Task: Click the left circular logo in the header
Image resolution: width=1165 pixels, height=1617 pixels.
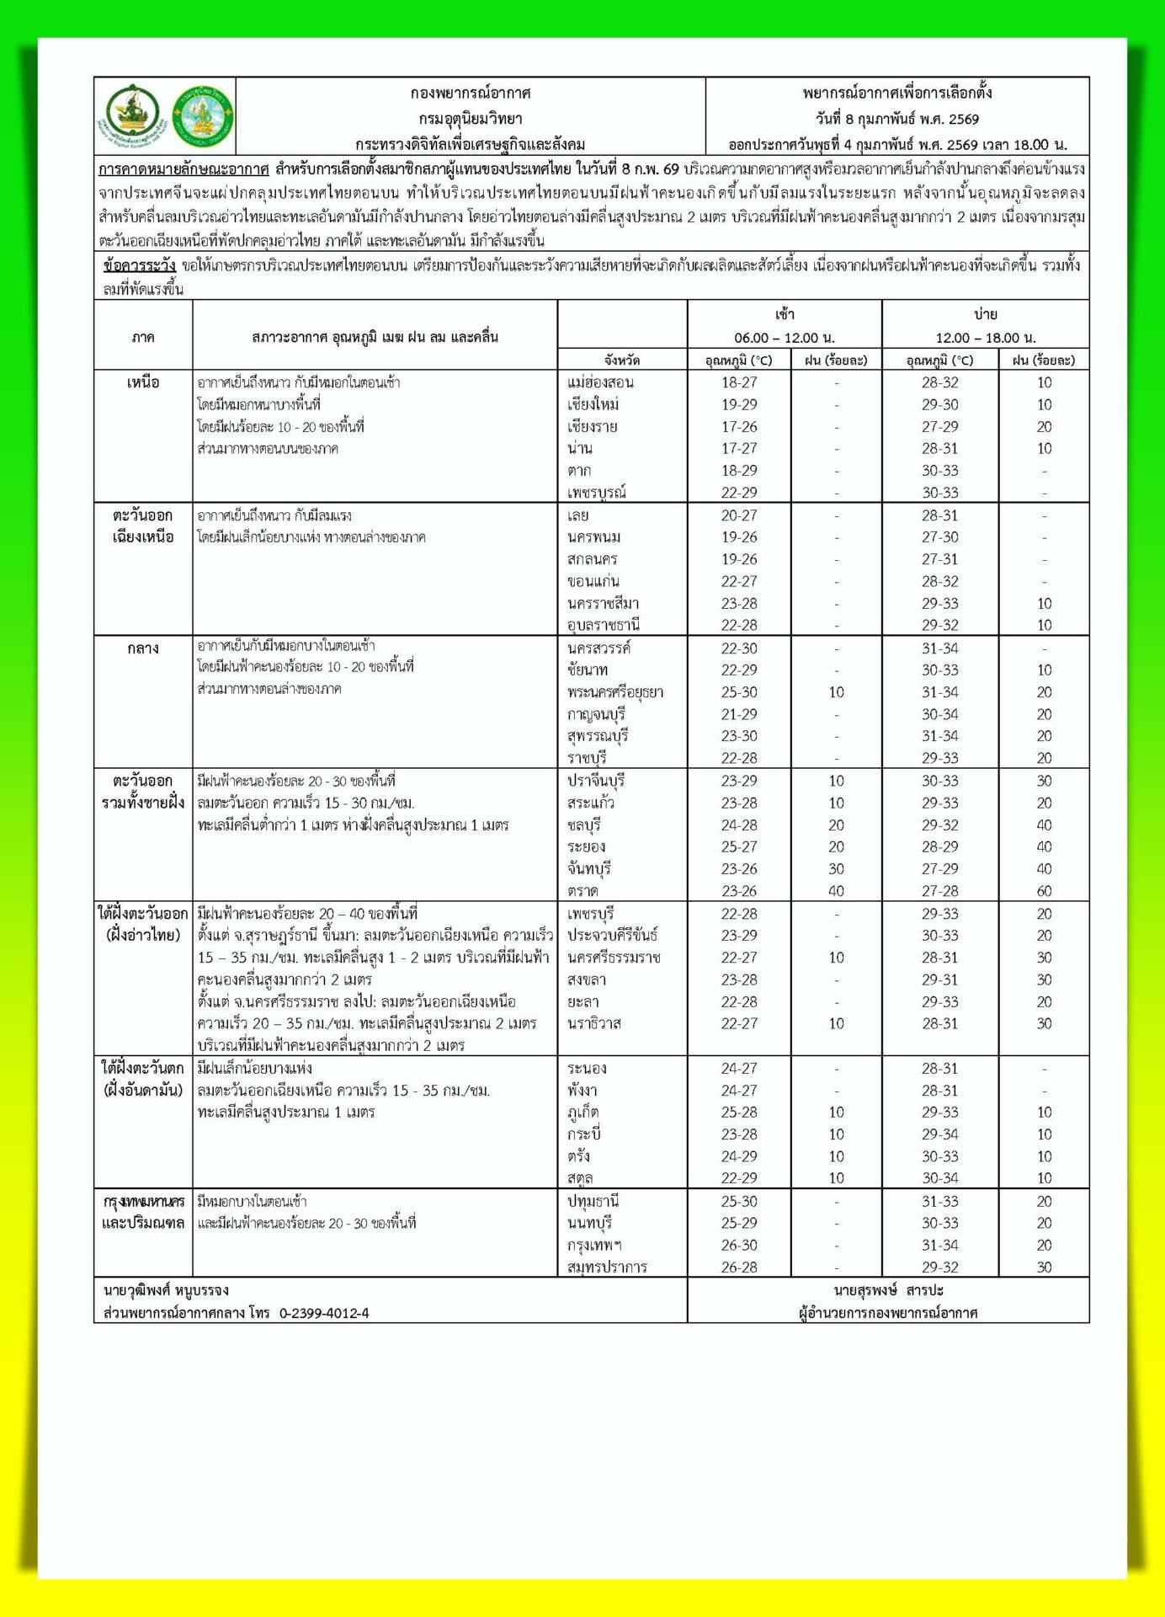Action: [x=133, y=115]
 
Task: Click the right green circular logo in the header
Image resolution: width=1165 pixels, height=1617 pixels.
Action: [x=203, y=115]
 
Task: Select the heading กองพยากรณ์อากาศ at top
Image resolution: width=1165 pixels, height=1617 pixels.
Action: [x=470, y=93]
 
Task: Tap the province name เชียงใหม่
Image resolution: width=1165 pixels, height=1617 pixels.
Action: [x=593, y=404]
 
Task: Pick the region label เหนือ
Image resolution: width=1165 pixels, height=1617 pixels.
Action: [x=143, y=382]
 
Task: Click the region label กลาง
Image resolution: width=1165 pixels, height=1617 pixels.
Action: [x=143, y=648]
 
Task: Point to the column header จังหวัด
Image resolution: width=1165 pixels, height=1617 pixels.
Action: [x=622, y=360]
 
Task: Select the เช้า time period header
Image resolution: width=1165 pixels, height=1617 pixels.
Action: [x=785, y=315]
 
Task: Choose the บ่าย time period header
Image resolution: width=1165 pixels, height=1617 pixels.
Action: [x=986, y=315]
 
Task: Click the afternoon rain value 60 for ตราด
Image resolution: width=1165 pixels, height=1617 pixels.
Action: [x=1044, y=891]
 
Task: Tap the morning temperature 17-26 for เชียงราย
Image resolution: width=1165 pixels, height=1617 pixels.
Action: [x=739, y=427]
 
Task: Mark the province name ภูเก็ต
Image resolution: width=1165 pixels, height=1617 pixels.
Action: [x=582, y=1113]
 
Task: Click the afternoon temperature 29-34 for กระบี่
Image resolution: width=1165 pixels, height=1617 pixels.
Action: [x=939, y=1134]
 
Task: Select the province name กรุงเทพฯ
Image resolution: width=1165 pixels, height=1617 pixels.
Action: [x=594, y=1246]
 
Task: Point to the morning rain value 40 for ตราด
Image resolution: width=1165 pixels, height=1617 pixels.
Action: [x=836, y=891]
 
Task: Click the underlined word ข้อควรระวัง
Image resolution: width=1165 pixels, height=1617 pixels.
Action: [x=139, y=266]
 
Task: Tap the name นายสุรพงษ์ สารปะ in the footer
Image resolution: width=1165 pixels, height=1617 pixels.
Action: [x=888, y=1290]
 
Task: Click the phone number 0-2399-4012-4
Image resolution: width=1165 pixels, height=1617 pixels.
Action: [x=324, y=1313]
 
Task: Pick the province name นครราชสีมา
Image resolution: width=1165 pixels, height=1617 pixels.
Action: [x=603, y=604]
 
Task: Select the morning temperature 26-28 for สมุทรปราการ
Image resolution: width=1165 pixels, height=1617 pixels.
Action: [x=739, y=1267]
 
